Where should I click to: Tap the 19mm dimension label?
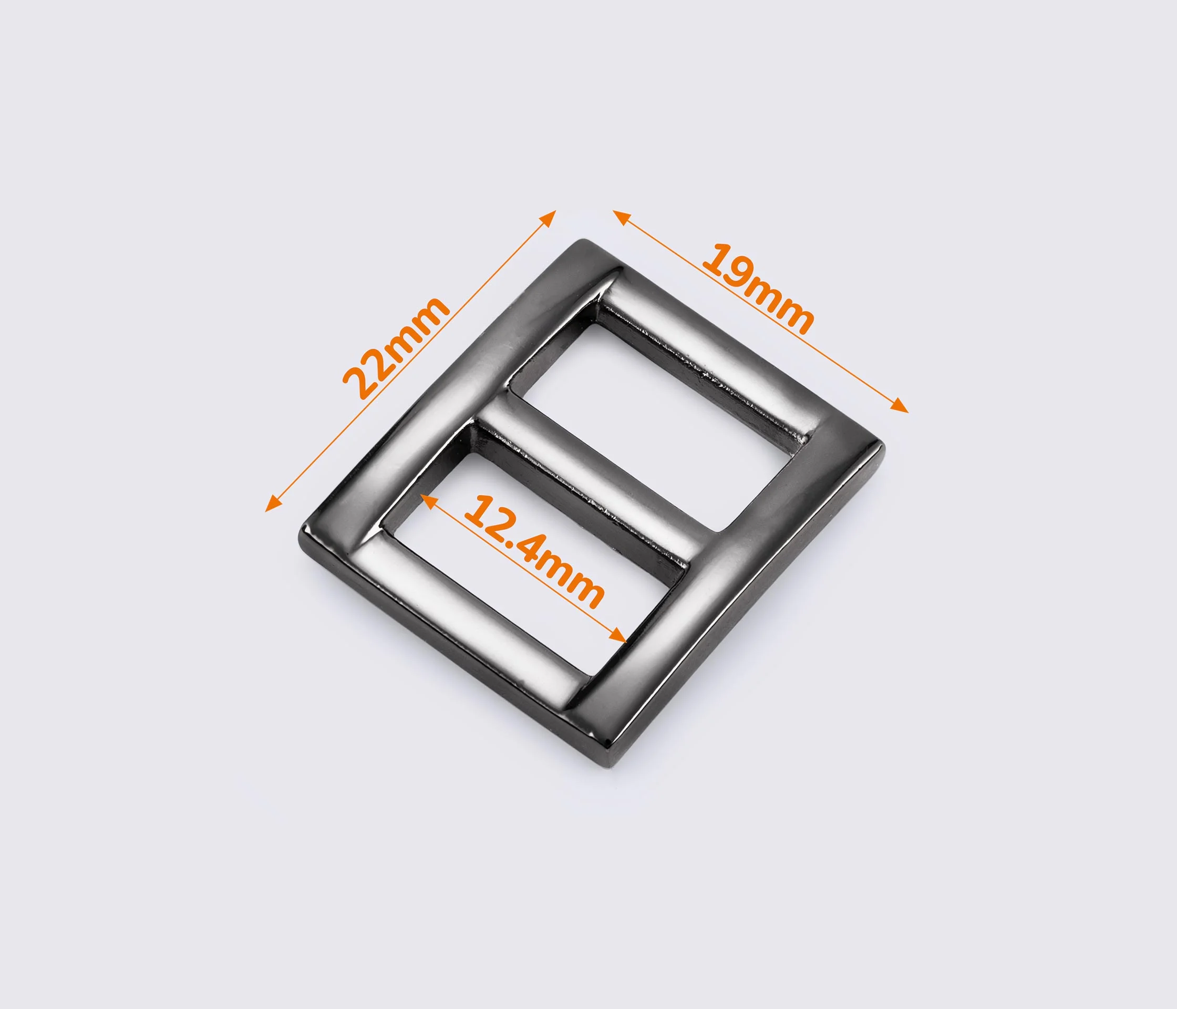[x=758, y=289]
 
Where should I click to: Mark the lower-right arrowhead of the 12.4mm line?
[x=618, y=636]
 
